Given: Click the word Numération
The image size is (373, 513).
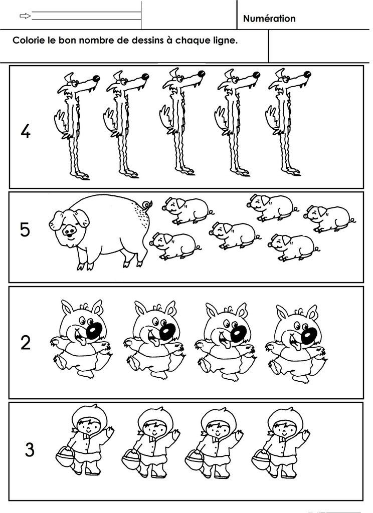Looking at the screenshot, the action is [x=269, y=19].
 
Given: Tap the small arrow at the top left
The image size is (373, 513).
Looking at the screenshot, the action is [x=25, y=16].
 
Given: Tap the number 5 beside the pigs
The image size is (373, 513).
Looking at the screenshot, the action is [x=25, y=229].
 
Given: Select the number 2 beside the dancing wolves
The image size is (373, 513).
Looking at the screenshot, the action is [x=25, y=343].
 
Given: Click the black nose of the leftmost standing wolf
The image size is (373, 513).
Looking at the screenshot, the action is [x=96, y=79].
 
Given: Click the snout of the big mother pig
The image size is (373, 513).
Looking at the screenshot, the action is [x=69, y=231].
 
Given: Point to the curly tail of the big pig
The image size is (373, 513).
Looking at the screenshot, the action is [x=147, y=205].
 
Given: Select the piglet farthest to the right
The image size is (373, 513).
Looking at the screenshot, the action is [x=328, y=218].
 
